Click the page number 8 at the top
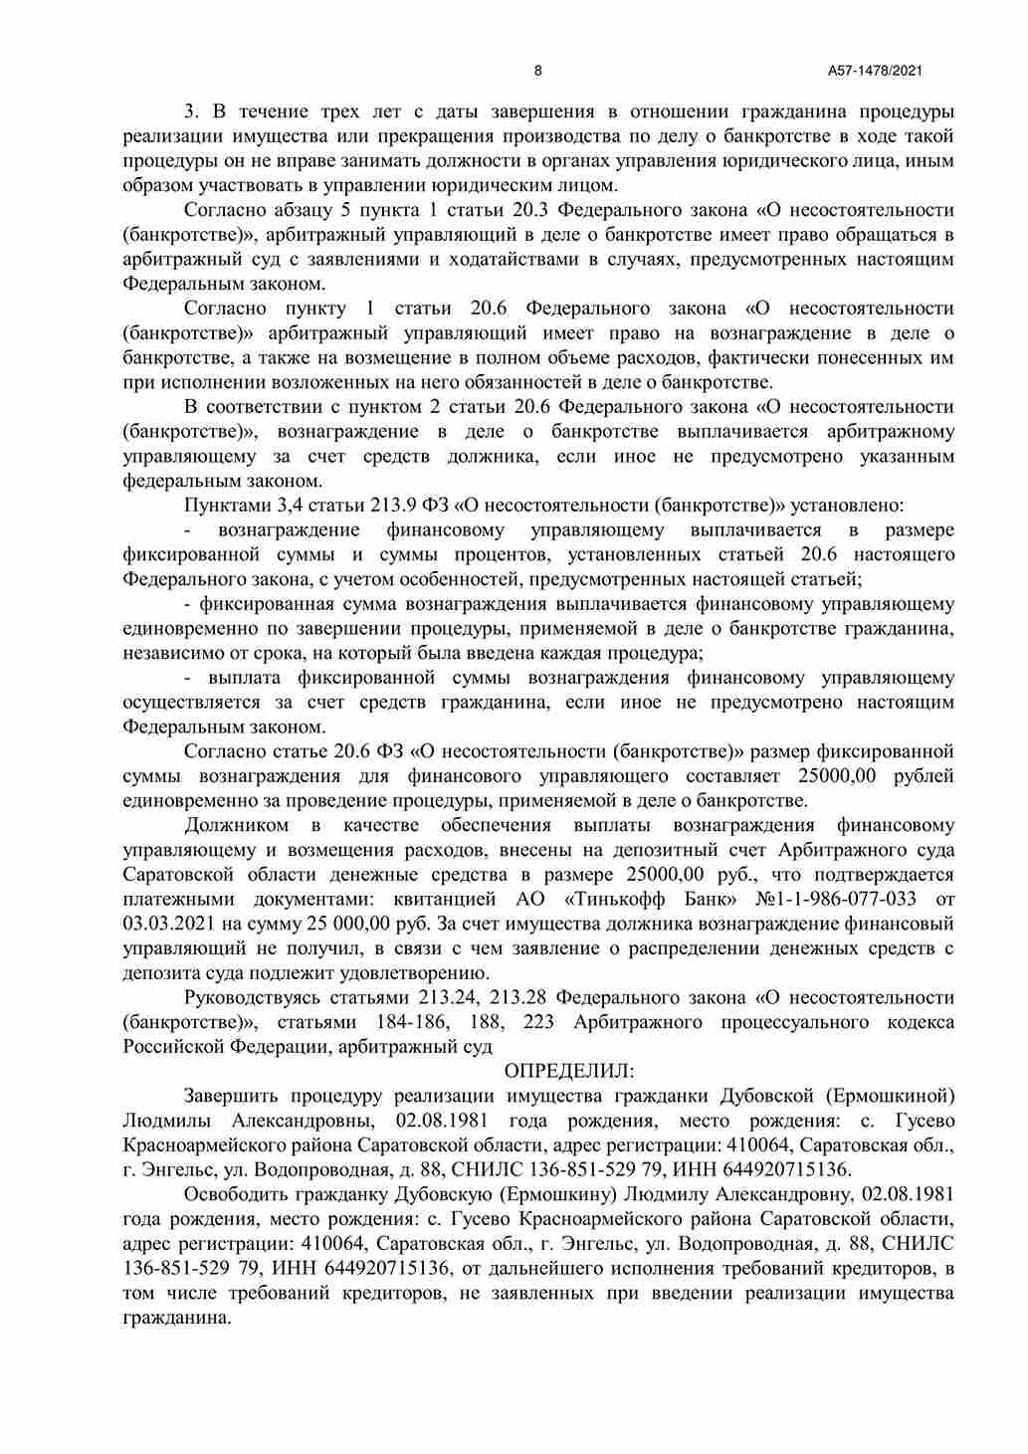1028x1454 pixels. tap(538, 71)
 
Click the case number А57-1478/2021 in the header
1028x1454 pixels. tap(875, 71)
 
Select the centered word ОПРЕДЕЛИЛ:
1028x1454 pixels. tap(569, 1072)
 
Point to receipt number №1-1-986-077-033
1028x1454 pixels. tap(838, 900)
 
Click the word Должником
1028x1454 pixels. tap(237, 826)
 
